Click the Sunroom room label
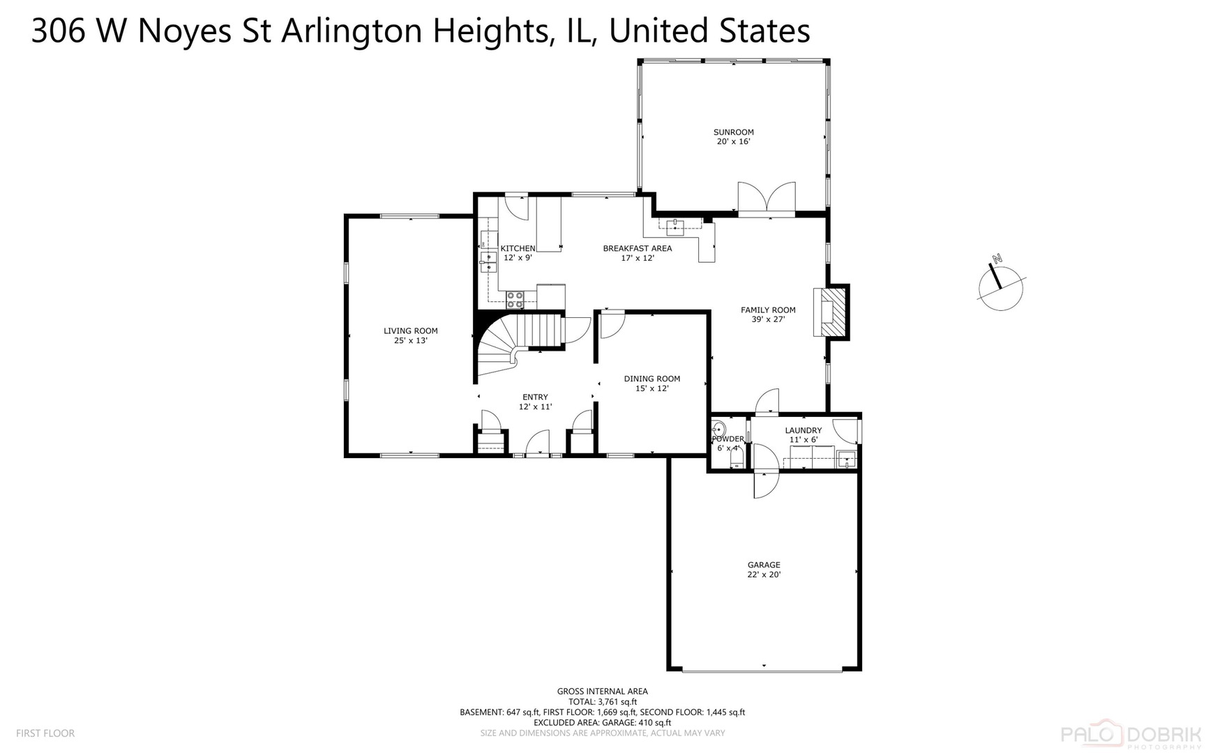733,132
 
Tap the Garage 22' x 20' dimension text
764,575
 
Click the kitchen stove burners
515,299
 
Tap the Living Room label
411,331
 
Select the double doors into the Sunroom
767,197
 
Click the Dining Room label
652,379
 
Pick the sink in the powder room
719,429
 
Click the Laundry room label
803,430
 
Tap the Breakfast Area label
638,248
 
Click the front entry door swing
538,442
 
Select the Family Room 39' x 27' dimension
768,319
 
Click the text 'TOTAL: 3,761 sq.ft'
603,702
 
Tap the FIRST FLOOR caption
45,733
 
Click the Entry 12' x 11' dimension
535,406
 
